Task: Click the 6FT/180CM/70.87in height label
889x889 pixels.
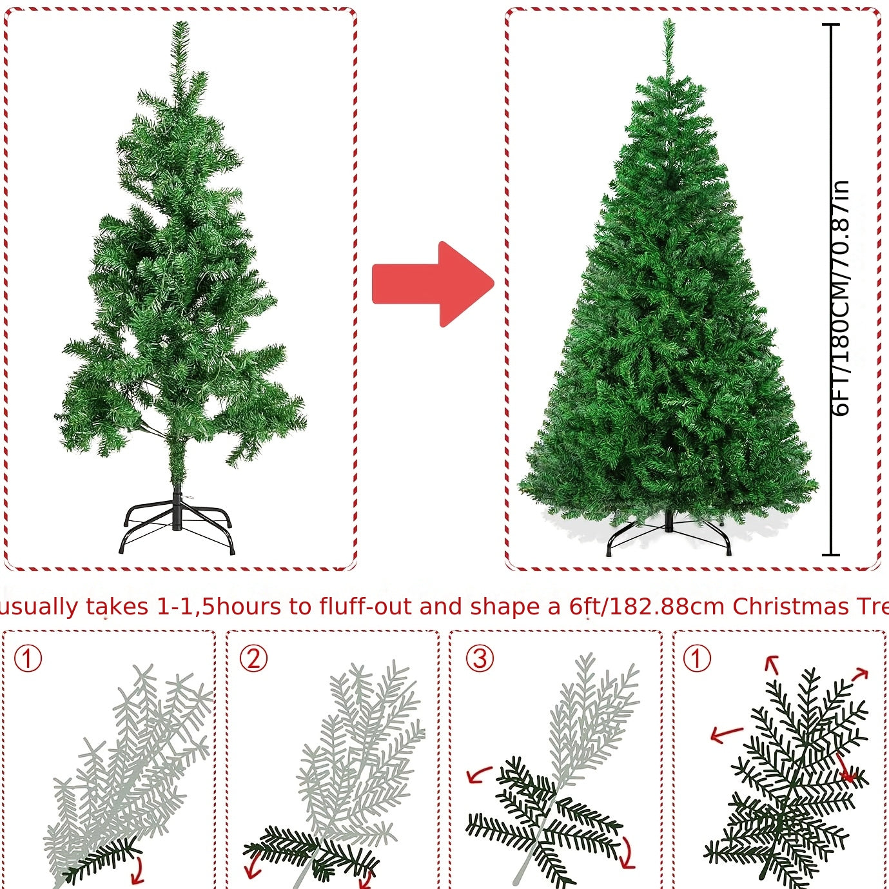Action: pos(841,298)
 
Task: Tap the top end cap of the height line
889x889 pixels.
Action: pos(832,25)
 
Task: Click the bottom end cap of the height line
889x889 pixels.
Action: pos(832,554)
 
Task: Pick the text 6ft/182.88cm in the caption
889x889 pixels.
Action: pos(647,607)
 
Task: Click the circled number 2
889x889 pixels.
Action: pos(253,659)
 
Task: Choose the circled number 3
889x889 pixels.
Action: pos(480,659)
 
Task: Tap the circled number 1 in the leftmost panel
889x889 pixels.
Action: pos(28,659)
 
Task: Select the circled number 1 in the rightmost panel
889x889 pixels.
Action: pos(697,659)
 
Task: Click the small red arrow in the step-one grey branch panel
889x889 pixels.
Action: pos(137,874)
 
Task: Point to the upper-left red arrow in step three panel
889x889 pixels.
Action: pos(478,774)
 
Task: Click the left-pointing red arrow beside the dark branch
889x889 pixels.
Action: pos(726,734)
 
